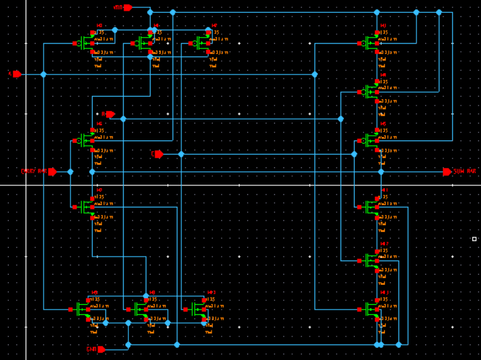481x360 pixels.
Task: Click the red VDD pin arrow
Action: coord(128,7)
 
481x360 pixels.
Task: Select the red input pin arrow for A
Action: coord(17,74)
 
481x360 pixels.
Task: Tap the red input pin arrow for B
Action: coord(110,114)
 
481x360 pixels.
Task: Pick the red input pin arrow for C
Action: coord(159,154)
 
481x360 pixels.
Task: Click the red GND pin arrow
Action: coord(101,349)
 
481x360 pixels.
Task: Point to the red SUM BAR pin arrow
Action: coord(447,172)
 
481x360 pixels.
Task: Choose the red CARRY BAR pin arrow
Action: coord(52,172)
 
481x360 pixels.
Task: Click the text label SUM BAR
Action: coord(465,172)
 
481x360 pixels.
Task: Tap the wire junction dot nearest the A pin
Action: coord(44,75)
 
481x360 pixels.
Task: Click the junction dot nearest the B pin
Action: coord(123,119)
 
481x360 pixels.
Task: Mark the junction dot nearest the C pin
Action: coord(181,154)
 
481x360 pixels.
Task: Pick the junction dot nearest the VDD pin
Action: coord(150,12)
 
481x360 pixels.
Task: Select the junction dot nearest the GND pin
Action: coord(128,345)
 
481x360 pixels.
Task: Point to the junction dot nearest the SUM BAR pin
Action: coord(381,172)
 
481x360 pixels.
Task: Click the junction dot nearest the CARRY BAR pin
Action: coord(71,172)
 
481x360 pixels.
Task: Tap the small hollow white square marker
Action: coord(474,239)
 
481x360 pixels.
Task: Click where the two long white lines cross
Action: coord(26,185)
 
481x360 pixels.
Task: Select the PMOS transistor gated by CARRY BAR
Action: coord(86,140)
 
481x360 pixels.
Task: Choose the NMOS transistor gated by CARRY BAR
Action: coord(86,206)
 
